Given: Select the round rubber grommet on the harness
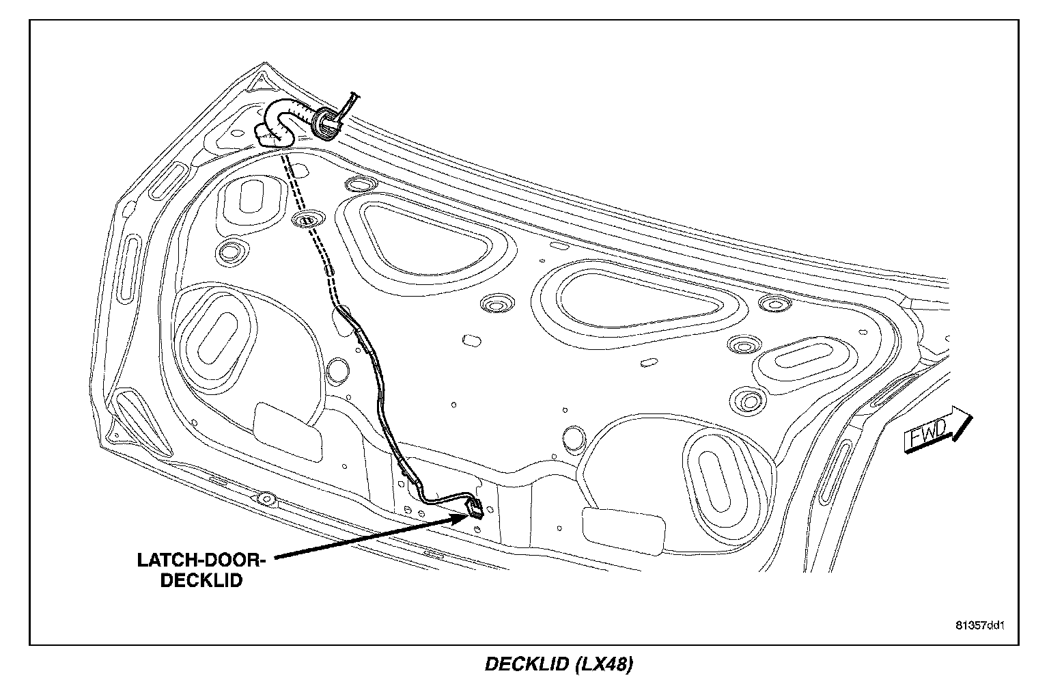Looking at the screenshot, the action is pyautogui.click(x=326, y=122).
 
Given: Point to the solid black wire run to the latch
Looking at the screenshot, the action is pyautogui.click(x=382, y=396).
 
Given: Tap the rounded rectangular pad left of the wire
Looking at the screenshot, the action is pyautogui.click(x=288, y=431).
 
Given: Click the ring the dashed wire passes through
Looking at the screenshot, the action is pyautogui.click(x=307, y=220).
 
